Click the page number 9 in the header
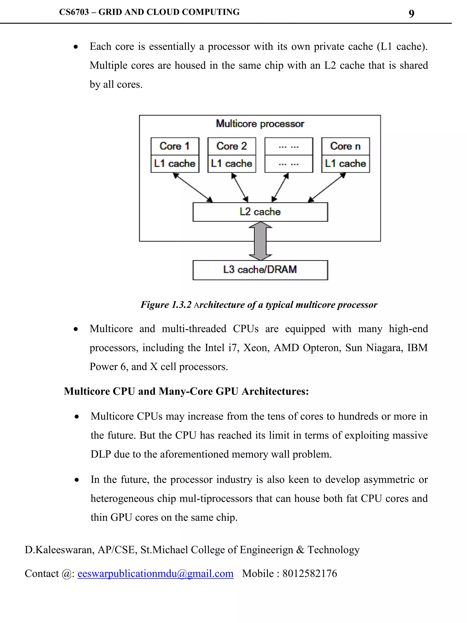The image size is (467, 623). pyautogui.click(x=411, y=13)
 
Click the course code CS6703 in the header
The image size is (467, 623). pyautogui.click(x=74, y=12)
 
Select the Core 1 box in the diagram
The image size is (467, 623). pyautogui.click(x=175, y=146)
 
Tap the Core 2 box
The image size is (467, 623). pyautogui.click(x=232, y=146)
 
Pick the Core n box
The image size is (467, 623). pyautogui.click(x=345, y=146)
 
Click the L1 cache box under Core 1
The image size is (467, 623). pyautogui.click(x=175, y=164)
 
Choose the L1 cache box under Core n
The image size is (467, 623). pyautogui.click(x=345, y=164)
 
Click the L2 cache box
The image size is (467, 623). pyautogui.click(x=260, y=212)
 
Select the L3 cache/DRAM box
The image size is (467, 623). pyautogui.click(x=260, y=270)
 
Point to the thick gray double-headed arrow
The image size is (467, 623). pyautogui.click(x=260, y=241)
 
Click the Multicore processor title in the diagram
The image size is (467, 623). pyautogui.click(x=260, y=124)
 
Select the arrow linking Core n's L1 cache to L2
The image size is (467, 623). pyautogui.click(x=327, y=187)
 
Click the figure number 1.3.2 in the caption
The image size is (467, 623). pyautogui.click(x=182, y=305)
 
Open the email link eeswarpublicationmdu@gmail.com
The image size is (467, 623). pyautogui.click(x=155, y=573)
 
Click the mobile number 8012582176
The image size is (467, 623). pyautogui.click(x=310, y=573)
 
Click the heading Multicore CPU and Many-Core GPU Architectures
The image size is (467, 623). pyautogui.click(x=186, y=391)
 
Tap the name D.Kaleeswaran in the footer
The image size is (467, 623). pyautogui.click(x=59, y=550)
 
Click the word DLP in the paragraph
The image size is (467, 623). pyautogui.click(x=101, y=454)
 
